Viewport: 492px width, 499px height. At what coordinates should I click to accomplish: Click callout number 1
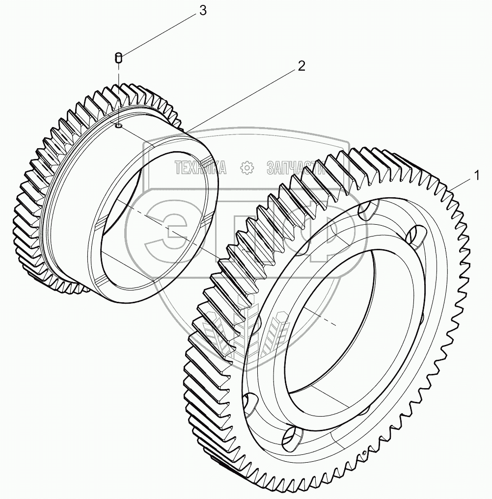475,175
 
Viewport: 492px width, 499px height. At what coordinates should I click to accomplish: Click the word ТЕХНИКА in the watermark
200,168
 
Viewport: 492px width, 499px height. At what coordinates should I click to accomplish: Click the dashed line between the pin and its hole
119,93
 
